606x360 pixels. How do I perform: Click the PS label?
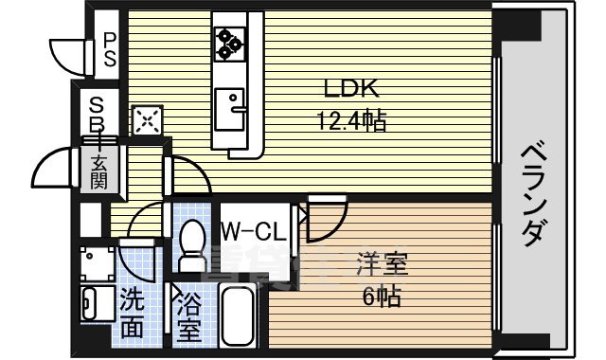click(x=111, y=49)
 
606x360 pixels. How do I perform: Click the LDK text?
click(x=351, y=90)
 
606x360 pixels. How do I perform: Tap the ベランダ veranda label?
click(x=534, y=192)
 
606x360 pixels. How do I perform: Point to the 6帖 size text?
click(x=381, y=297)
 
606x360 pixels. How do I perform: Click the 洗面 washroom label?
click(x=133, y=315)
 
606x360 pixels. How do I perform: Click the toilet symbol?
click(x=193, y=245)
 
